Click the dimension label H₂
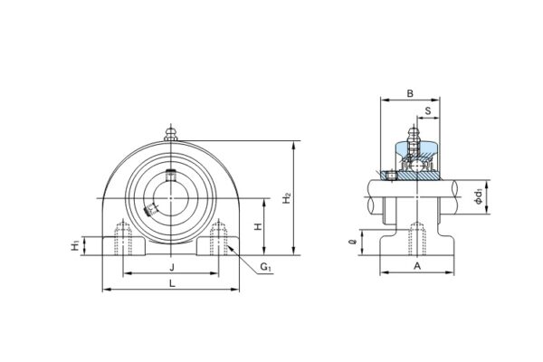click(x=287, y=198)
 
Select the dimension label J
click(x=171, y=267)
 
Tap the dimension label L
click(x=172, y=283)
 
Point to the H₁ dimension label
click(x=75, y=246)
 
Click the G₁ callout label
click(x=265, y=267)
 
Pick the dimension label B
click(x=410, y=93)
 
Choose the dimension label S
click(x=428, y=110)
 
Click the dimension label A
click(x=417, y=266)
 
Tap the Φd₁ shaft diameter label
click(x=479, y=196)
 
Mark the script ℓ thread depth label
click(x=353, y=242)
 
